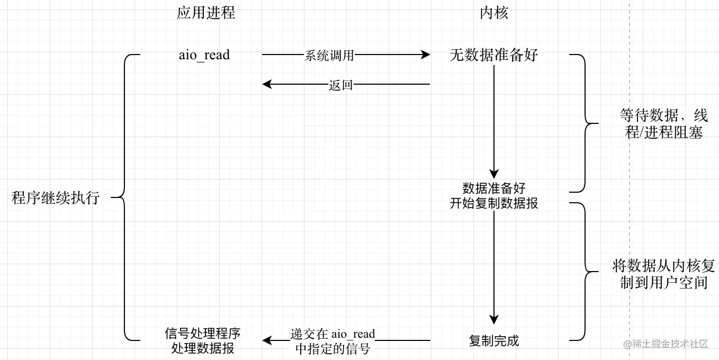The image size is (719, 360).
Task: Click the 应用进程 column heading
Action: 206,13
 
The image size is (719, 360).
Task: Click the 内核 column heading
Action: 493,13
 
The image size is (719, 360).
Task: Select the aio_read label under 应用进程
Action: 204,55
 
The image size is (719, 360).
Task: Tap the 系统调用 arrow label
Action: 329,56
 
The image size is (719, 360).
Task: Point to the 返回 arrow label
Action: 340,85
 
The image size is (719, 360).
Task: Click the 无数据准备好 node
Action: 493,55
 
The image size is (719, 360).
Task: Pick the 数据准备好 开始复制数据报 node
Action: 493,195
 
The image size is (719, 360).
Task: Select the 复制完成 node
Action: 493,341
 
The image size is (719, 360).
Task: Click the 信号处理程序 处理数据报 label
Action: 203,341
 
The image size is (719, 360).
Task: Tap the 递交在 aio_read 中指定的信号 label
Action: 332,341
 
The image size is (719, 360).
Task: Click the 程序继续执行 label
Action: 56,197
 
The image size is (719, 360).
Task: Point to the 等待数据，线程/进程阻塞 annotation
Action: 664,123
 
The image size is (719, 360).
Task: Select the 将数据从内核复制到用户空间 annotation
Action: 664,274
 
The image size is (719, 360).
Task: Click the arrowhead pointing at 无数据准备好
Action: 426,55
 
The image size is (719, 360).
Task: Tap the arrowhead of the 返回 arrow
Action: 267,84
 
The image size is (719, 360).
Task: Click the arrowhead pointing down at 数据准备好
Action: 493,174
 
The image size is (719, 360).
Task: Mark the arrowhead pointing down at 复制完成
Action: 493,320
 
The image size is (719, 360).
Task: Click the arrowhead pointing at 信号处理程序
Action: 267,340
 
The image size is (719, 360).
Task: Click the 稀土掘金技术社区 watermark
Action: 666,344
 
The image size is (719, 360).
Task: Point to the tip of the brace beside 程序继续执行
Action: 111,197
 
